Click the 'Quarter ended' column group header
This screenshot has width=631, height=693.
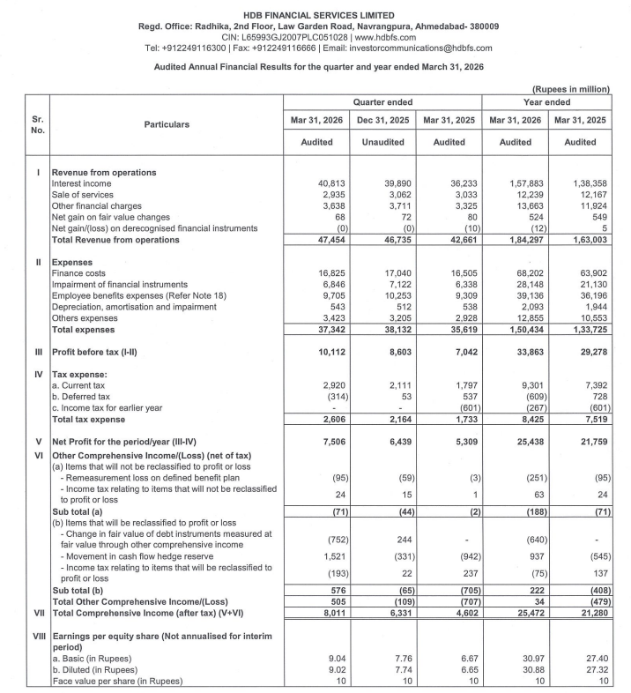point(384,102)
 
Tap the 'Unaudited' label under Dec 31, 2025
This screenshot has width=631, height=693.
point(384,142)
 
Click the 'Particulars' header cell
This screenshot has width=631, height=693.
point(167,124)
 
